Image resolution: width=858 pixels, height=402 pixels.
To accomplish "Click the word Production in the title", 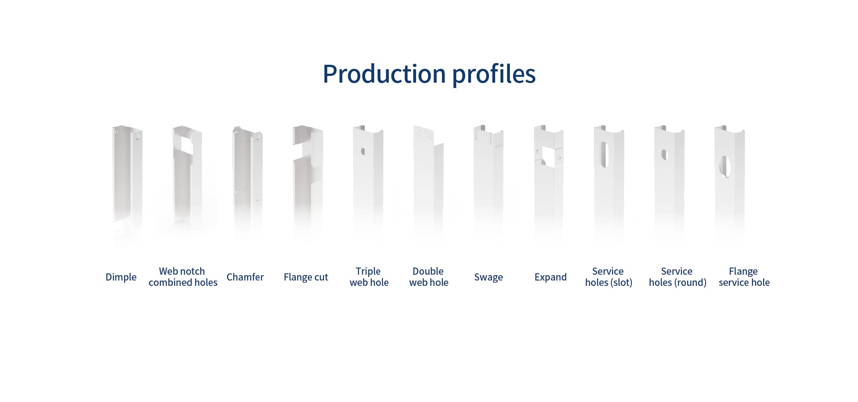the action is [x=384, y=74].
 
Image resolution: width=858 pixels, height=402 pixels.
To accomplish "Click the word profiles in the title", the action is [x=494, y=74].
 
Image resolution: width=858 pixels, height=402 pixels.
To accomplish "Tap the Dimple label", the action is [x=121, y=277].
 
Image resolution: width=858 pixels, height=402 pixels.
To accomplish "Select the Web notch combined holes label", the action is [x=183, y=277].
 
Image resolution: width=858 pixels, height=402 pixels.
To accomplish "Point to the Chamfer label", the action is [x=245, y=277].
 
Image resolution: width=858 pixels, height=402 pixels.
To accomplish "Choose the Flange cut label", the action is [x=306, y=277].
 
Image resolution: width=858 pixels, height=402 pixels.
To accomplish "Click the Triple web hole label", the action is [x=369, y=277].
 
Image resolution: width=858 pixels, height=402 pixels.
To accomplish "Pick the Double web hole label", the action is [x=429, y=277].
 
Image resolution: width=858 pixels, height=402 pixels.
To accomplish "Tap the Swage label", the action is [x=488, y=277].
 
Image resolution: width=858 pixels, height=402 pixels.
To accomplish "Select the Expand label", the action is [x=551, y=277].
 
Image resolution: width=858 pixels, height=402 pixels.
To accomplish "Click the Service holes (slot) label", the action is [x=609, y=277].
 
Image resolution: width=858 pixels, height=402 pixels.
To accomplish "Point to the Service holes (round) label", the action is [x=677, y=277].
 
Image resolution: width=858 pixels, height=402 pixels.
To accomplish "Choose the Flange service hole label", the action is [x=744, y=277].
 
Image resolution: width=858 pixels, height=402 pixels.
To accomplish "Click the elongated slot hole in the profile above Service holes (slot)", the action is [x=605, y=155].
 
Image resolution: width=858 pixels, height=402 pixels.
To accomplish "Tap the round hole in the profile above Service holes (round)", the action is [x=664, y=155].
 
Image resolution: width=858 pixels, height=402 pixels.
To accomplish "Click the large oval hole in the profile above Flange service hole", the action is [x=725, y=167].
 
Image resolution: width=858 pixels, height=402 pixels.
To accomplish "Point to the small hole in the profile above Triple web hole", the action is [x=363, y=151].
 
